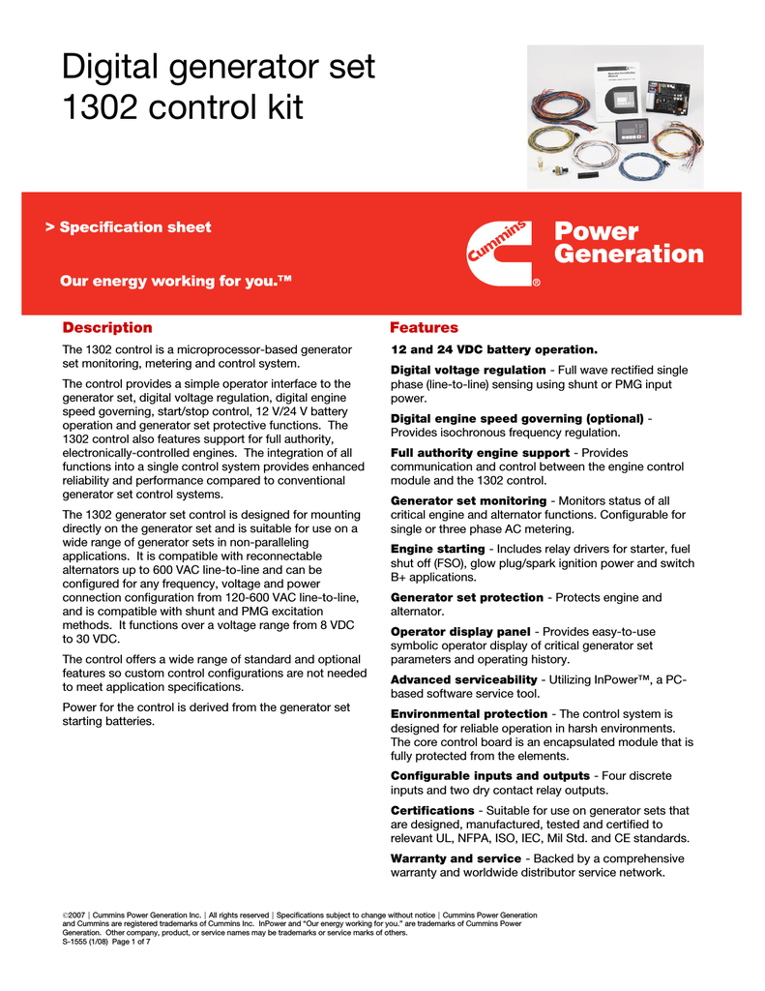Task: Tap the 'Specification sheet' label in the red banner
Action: [134, 227]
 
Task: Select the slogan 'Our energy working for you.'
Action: [175, 282]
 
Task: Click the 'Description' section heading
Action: [107, 328]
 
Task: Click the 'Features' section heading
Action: [424, 328]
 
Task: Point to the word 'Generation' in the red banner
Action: [629, 255]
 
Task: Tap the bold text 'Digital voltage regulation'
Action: [468, 370]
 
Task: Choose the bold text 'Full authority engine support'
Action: [480, 453]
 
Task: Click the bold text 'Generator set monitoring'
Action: [468, 500]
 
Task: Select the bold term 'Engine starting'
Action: [437, 549]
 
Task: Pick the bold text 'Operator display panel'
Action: [460, 632]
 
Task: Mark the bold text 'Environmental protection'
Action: [469, 714]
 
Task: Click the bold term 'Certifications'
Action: [432, 810]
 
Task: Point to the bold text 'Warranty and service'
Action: [456, 858]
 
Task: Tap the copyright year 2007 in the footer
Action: [76, 916]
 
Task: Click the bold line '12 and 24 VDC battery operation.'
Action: [494, 348]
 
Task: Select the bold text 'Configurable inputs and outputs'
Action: [490, 776]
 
